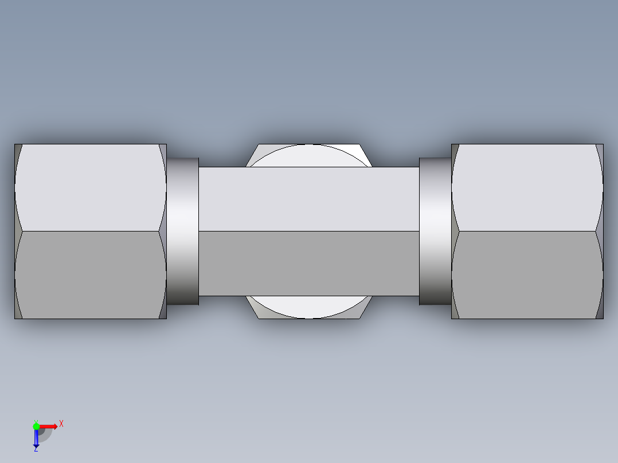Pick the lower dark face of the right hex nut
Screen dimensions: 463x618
click(x=527, y=275)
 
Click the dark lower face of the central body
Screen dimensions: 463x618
click(x=309, y=264)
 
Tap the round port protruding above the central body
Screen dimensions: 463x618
click(x=309, y=155)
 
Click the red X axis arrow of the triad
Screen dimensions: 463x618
click(x=49, y=426)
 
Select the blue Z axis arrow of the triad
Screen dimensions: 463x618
click(x=36, y=439)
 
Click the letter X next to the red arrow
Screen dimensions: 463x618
click(x=61, y=424)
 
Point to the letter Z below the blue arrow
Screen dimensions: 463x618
click(x=36, y=450)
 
